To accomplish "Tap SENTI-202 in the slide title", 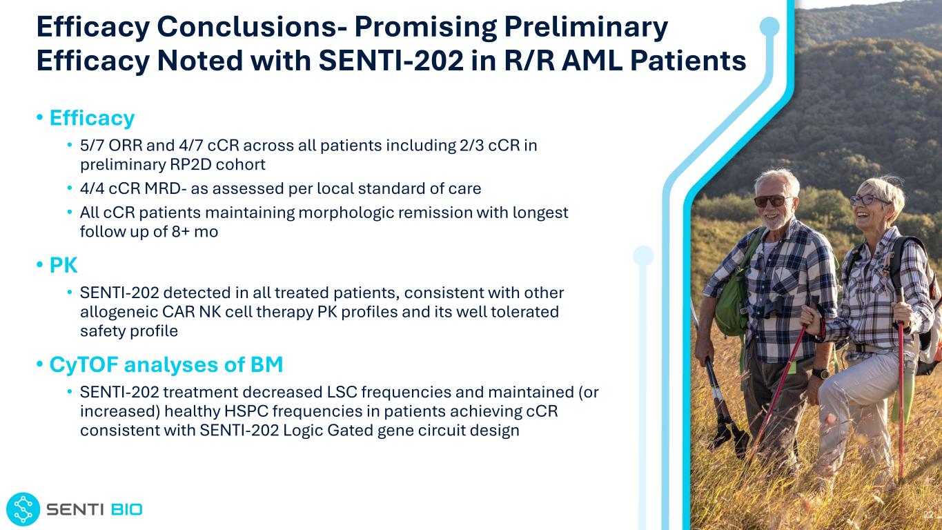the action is (391, 61).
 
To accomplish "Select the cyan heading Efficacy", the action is (92, 118).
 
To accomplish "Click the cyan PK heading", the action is (63, 266).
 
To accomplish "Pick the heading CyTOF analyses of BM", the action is (166, 364).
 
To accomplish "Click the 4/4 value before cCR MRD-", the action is (92, 188).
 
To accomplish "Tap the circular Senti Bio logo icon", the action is (23, 509).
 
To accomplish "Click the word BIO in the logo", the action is (126, 510).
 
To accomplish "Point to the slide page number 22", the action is (928, 515).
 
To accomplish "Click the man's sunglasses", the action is (772, 201).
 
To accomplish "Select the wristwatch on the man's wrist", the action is (821, 373).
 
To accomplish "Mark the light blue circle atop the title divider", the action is (769, 26).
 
